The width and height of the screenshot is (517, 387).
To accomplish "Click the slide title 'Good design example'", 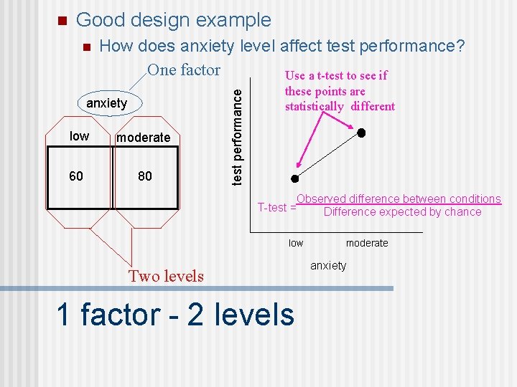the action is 173,20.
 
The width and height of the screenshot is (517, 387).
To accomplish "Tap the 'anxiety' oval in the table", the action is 107,104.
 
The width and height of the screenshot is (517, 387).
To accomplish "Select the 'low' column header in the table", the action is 79,136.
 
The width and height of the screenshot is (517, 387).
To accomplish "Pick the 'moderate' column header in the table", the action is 144,138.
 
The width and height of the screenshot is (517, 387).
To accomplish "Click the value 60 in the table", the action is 76,176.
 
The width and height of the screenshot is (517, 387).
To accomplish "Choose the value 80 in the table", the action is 144,176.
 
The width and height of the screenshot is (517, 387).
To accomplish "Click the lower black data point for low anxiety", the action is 294,178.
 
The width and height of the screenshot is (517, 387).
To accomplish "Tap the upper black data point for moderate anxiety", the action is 362,133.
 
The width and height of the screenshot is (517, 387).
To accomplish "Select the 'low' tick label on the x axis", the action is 296,243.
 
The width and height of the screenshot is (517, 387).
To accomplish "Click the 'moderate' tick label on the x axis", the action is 366,243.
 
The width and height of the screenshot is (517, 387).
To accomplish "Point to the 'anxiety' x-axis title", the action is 328,266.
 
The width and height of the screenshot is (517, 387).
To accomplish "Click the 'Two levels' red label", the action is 166,276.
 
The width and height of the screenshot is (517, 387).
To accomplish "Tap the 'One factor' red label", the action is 184,70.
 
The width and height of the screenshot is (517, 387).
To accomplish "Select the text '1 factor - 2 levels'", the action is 175,315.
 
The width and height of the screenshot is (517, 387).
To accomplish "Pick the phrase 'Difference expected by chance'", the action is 402,212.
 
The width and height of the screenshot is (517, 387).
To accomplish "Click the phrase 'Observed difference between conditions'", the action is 399,199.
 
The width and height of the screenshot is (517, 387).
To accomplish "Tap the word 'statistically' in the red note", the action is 315,107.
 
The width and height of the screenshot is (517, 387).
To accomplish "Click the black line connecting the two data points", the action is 328,156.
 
